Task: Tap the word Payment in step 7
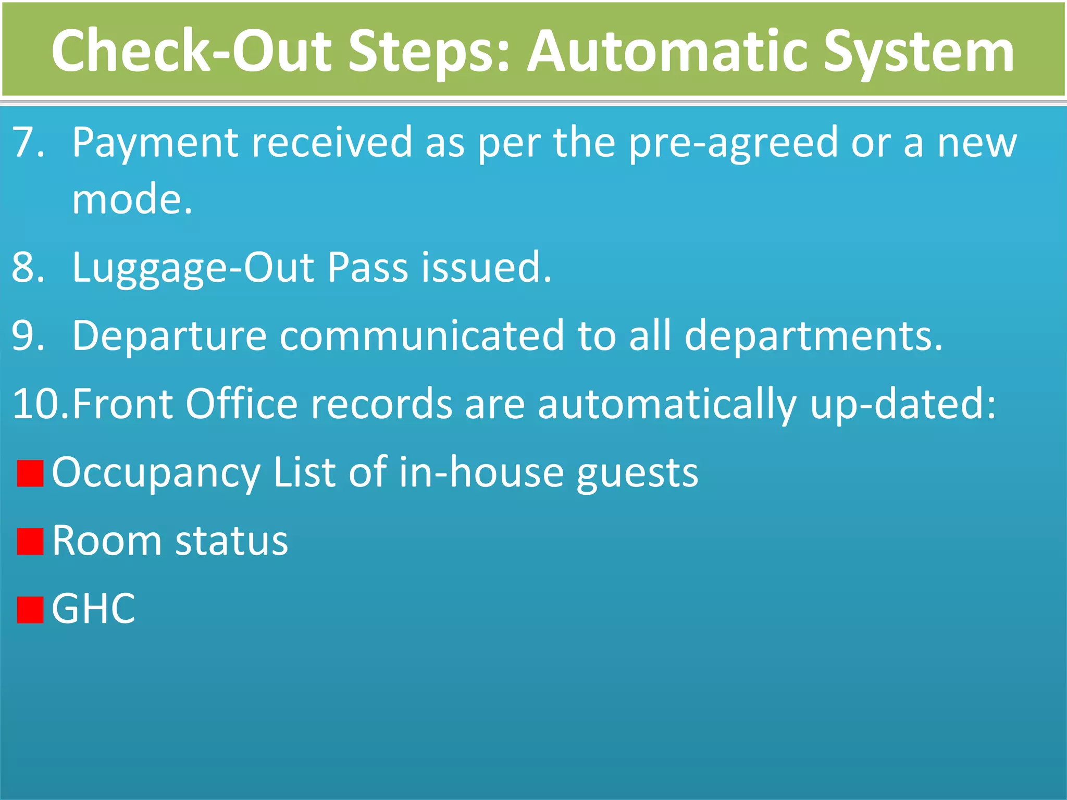(x=155, y=143)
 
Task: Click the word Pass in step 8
(x=368, y=267)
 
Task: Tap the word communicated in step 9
(x=422, y=336)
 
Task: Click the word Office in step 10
(x=242, y=404)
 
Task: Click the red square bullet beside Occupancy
(x=30, y=473)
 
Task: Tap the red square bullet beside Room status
(x=30, y=541)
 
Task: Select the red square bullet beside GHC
(x=30, y=610)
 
